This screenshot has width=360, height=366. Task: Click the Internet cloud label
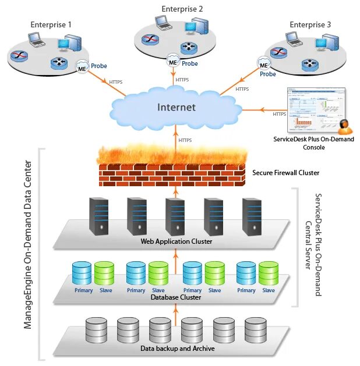pyautogui.click(x=176, y=107)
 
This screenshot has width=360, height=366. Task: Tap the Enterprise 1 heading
pyautogui.click(x=51, y=25)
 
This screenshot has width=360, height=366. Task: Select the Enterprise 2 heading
pyautogui.click(x=182, y=9)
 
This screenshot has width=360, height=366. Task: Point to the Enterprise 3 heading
pyautogui.click(x=310, y=25)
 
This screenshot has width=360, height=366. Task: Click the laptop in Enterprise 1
pyautogui.click(x=36, y=41)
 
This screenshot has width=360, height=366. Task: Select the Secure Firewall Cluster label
pyautogui.click(x=285, y=173)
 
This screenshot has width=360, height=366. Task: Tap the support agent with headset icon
pyautogui.click(x=344, y=126)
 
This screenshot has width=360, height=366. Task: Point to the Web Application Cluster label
pyautogui.click(x=176, y=241)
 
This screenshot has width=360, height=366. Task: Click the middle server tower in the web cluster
pyautogui.click(x=175, y=216)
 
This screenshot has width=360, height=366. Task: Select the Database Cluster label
pyautogui.click(x=175, y=297)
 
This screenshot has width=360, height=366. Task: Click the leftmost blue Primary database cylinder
pyautogui.click(x=82, y=273)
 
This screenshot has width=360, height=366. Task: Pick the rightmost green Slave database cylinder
pyautogui.click(x=269, y=273)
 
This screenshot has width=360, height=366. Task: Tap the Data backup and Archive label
pyautogui.click(x=177, y=349)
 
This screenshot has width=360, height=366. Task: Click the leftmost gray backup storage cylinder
pyautogui.click(x=96, y=330)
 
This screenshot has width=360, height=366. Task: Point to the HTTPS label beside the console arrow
pyautogui.click(x=279, y=114)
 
